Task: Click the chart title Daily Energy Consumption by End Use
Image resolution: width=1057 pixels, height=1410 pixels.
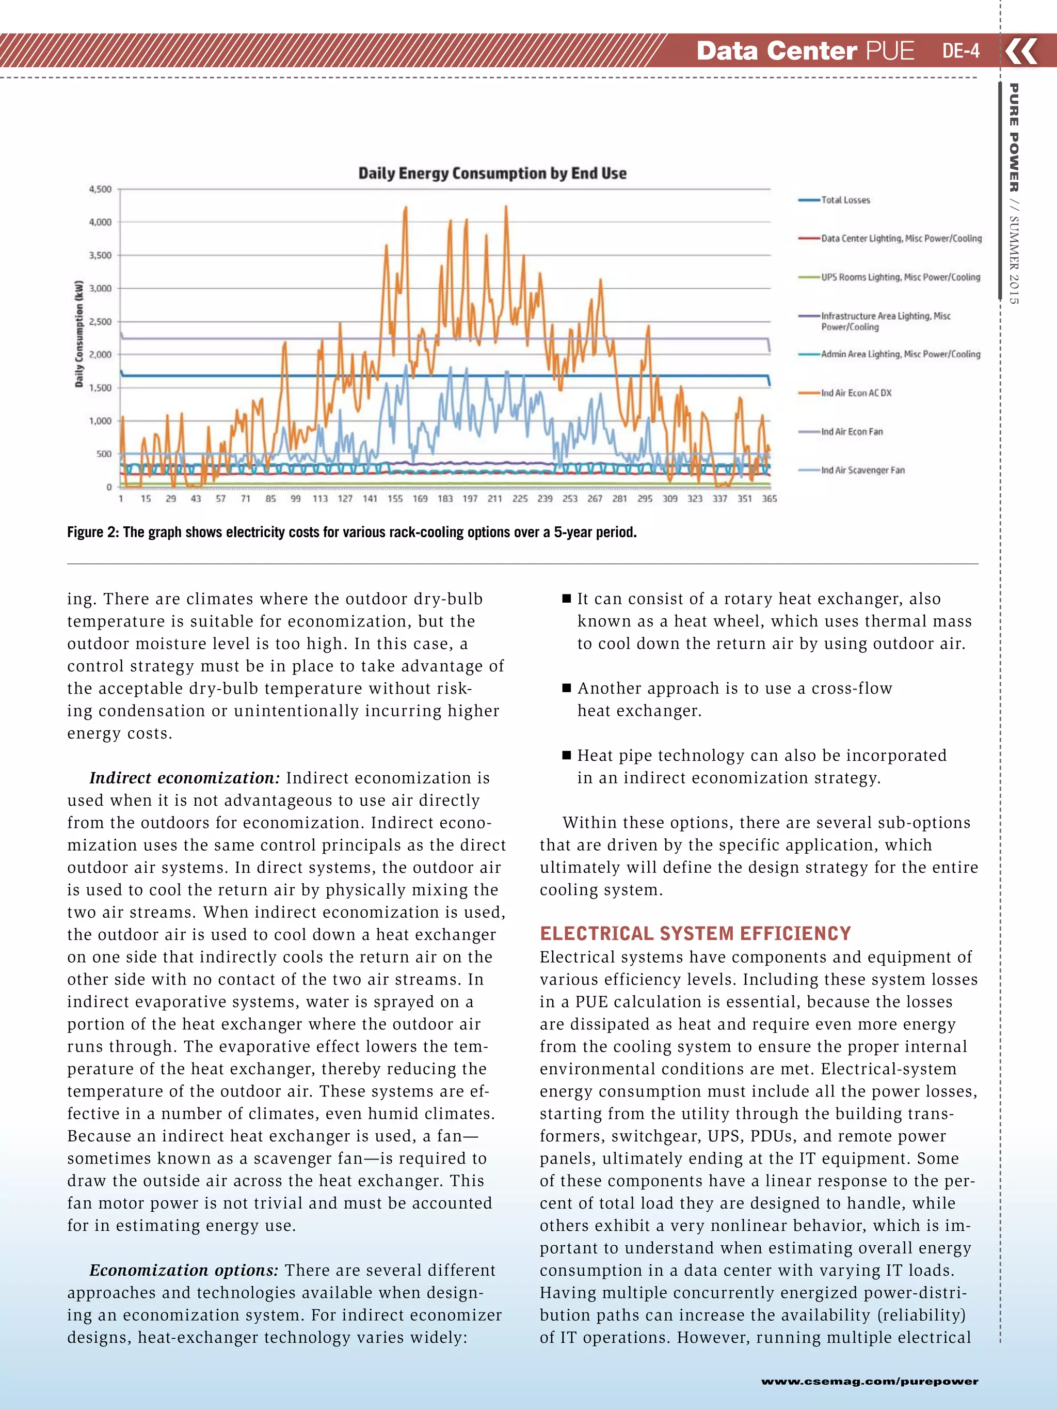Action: point(492,174)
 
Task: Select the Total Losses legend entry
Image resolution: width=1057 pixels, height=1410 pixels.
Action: point(845,200)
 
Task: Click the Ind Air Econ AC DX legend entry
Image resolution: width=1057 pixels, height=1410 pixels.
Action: point(856,393)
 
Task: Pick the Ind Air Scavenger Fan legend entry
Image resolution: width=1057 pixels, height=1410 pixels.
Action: point(862,470)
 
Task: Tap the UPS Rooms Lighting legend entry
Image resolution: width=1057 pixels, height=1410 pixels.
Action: point(900,277)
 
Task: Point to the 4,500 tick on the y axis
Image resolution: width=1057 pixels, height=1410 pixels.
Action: point(100,190)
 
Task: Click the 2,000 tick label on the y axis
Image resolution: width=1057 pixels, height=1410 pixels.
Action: point(100,354)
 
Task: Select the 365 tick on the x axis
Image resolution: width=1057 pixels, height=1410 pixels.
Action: point(769,498)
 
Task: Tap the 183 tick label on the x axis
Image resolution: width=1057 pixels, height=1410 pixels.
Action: point(445,498)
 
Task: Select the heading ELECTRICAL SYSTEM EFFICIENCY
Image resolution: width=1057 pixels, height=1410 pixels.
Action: point(695,934)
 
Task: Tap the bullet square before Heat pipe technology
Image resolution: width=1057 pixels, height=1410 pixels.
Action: point(566,755)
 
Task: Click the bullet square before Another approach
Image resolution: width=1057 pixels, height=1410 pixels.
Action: point(566,688)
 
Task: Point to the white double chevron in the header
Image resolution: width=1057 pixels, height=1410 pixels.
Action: point(1022,51)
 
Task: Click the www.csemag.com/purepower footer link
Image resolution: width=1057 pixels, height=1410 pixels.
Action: point(869,1381)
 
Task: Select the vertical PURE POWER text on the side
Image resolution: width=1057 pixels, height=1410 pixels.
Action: point(1013,137)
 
